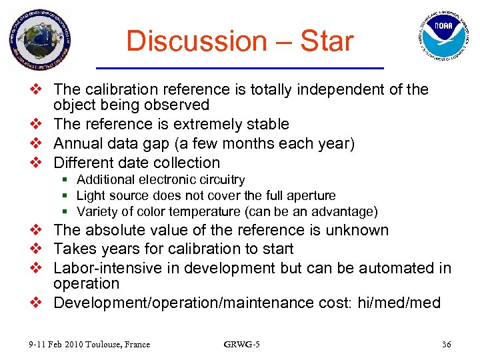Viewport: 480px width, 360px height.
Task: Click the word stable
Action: [x=266, y=124]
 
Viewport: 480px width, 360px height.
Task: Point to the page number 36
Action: [x=446, y=345]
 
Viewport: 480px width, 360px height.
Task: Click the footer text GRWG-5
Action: [x=241, y=345]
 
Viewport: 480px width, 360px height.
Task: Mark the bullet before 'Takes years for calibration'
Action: [x=39, y=249]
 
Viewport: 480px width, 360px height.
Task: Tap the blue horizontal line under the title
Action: [x=240, y=68]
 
